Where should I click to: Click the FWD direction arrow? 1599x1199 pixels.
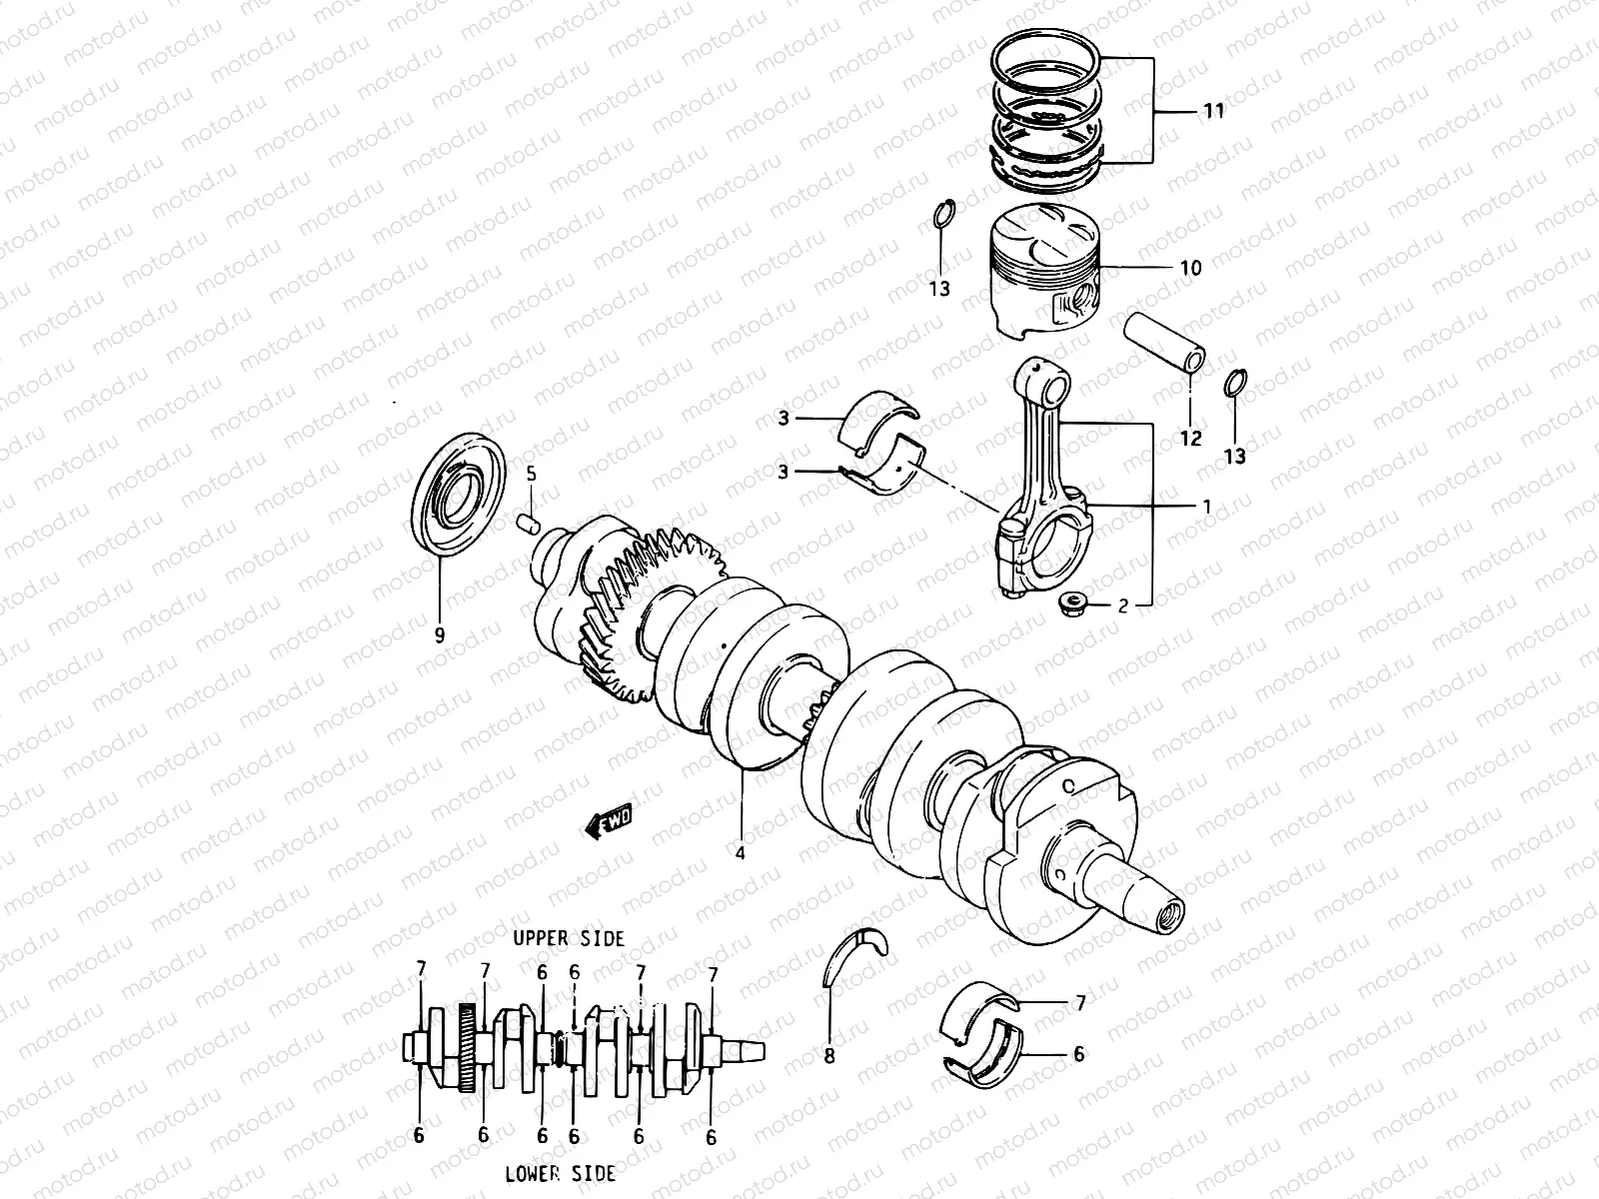609,820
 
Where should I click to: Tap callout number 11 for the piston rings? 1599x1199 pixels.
1211,111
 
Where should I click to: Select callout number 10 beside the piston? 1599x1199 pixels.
1190,268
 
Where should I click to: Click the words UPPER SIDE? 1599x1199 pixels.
569,939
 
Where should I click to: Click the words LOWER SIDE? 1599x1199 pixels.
560,1173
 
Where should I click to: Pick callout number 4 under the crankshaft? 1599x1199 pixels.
741,853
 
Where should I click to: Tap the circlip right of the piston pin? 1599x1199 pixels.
1235,383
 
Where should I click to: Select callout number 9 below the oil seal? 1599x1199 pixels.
439,634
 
